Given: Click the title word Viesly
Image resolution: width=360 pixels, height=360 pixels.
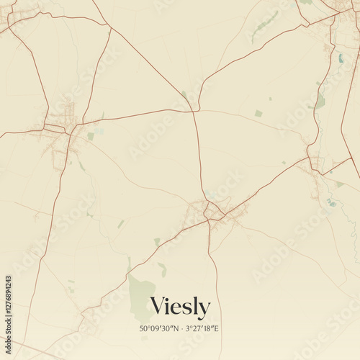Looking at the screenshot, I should pos(180,307).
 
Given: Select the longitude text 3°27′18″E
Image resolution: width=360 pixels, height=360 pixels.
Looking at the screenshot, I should pos(203,329).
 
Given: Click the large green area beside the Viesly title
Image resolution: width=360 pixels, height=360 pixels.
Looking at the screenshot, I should pos(141,297).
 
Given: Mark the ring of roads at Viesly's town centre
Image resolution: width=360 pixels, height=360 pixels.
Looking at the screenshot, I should pos(212,211).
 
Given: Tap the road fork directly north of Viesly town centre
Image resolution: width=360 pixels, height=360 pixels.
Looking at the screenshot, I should pos(194,110).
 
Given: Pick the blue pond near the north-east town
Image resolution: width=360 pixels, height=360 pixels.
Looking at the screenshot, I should pos(341,58).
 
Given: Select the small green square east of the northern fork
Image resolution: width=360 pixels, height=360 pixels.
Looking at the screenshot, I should pos(258,113).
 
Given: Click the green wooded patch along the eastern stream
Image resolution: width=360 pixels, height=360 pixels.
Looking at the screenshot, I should pos(320,101).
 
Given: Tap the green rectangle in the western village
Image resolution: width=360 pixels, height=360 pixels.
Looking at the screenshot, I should pos(91,135).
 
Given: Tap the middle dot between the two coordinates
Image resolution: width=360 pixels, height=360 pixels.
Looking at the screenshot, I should pos(179,329).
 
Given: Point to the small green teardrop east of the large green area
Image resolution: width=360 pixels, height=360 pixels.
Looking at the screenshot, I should pos(163,270).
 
